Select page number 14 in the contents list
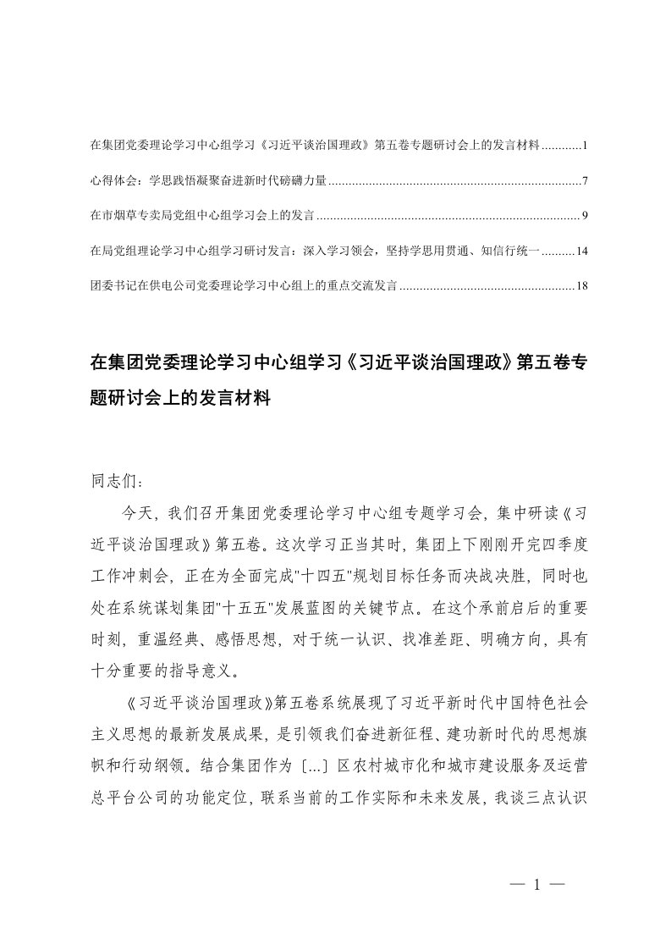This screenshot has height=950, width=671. tap(581, 251)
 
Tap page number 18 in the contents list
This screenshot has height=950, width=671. tap(581, 286)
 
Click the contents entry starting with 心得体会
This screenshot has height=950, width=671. tap(207, 181)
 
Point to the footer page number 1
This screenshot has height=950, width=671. tap(536, 886)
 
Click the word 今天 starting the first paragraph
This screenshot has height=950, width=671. tap(139, 514)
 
